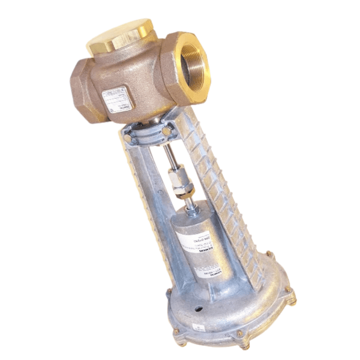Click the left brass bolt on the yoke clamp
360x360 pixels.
[x=128, y=138]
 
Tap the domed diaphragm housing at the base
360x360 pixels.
[x=237, y=308]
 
